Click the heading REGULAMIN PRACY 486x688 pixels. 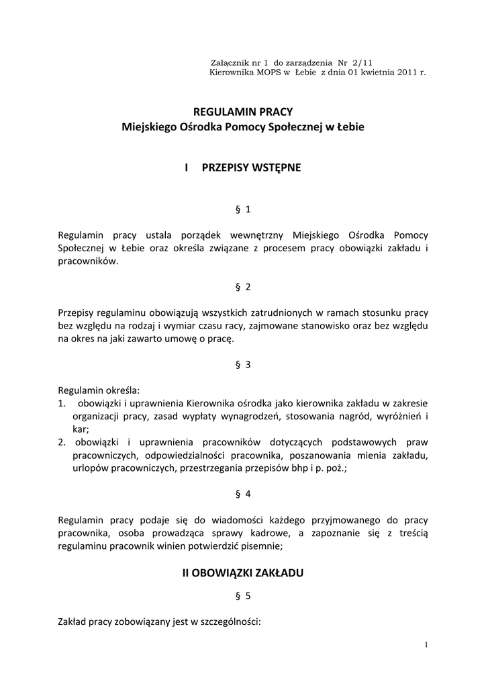click(243, 111)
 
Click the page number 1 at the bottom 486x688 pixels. click(426, 646)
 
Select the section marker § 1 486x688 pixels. click(243, 209)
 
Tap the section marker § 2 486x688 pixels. click(243, 287)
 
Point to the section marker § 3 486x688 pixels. click(243, 365)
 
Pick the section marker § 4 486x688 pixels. click(243, 494)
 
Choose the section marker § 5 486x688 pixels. click(243, 595)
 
